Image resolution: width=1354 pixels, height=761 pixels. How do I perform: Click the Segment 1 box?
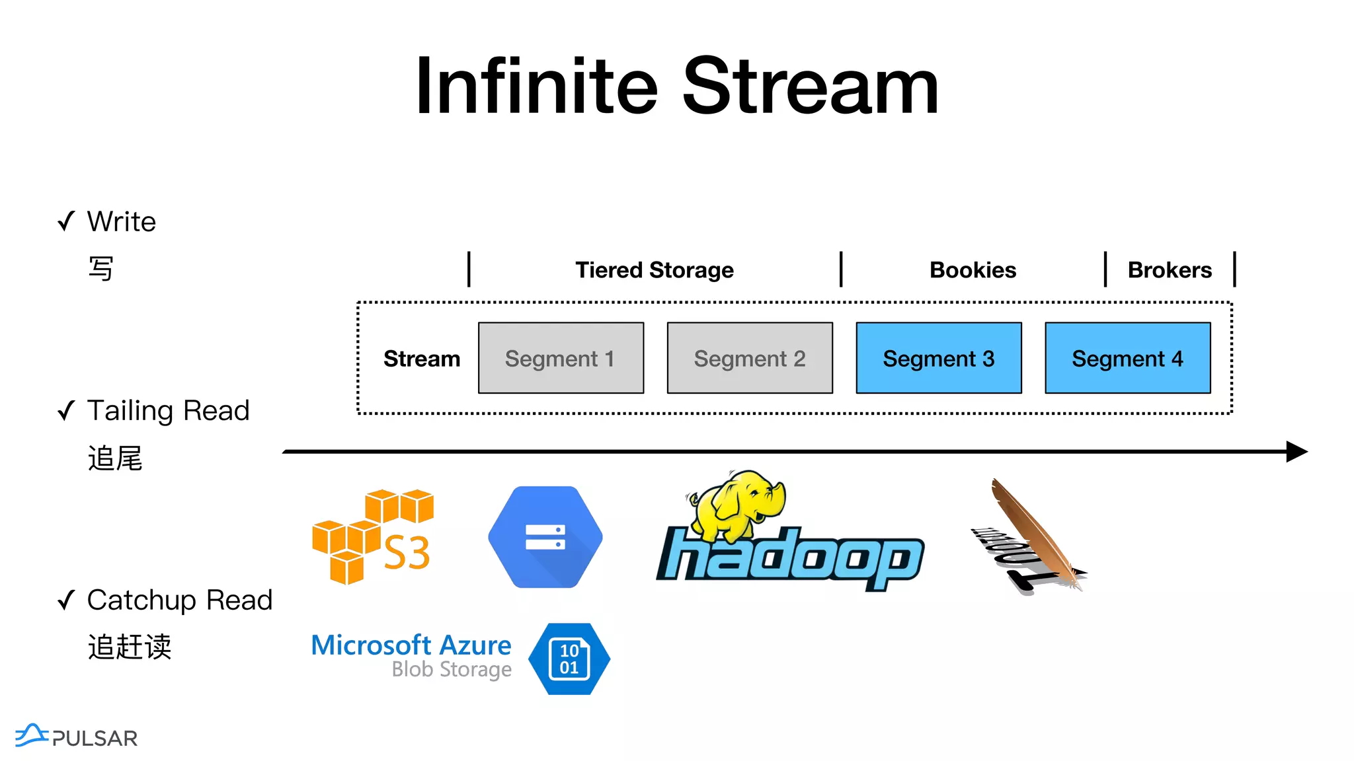coord(561,358)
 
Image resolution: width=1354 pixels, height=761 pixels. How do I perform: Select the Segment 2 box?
coord(750,358)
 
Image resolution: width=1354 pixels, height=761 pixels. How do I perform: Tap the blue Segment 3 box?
coord(939,358)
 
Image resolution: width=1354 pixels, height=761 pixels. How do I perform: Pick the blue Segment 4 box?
coord(1127,358)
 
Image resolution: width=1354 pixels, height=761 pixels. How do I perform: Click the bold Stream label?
coord(422,359)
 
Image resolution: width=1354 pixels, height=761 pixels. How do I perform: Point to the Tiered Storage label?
coord(654,270)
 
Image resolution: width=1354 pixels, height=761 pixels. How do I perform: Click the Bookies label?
coord(973,270)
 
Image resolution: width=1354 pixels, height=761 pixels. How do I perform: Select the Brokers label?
coord(1170,270)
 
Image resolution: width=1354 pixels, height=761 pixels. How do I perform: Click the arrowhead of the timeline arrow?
coord(1296,452)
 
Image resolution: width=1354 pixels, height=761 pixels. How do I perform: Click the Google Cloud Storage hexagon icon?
coord(545,537)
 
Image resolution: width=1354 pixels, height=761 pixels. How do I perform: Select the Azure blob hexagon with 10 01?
coord(569,659)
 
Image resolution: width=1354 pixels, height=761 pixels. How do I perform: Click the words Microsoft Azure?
coord(411,645)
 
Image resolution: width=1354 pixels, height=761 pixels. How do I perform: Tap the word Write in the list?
coord(122,222)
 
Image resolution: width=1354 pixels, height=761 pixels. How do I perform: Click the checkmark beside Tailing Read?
coord(66,411)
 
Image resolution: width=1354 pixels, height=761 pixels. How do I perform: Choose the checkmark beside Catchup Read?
coord(66,600)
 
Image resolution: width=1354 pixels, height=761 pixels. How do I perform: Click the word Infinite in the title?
coord(536,87)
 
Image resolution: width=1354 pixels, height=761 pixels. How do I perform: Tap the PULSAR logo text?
coord(95,738)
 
